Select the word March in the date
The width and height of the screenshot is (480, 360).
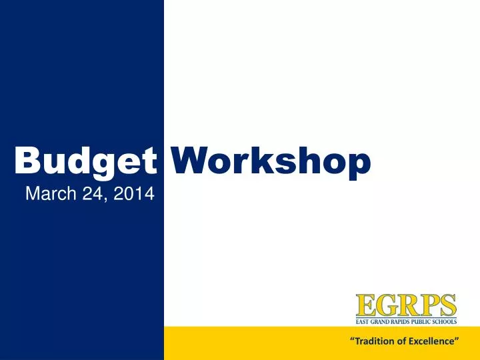[47, 194]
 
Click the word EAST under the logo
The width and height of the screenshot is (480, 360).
[362, 321]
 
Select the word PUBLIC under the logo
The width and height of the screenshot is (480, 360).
[423, 321]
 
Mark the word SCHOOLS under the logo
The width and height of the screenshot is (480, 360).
[446, 321]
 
